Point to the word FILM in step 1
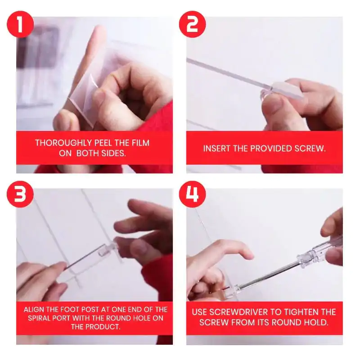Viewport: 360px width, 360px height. point(140,143)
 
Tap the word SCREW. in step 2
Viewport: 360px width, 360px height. point(311,148)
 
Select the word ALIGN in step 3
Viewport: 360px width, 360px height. point(34,309)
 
